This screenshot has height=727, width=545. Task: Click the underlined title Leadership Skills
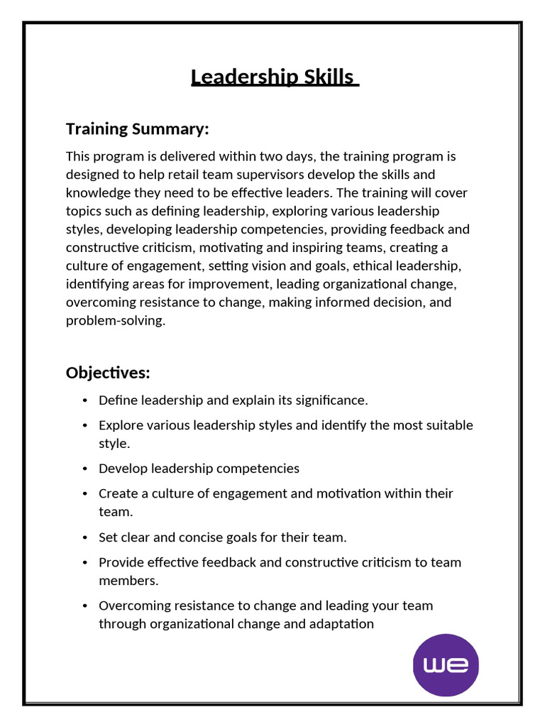pos(274,77)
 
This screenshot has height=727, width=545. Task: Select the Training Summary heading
pos(137,129)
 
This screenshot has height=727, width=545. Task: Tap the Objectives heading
pos(108,373)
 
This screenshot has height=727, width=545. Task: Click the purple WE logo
pos(446,666)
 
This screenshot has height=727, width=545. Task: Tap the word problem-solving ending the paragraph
pos(115,321)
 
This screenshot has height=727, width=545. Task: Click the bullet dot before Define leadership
pos(84,401)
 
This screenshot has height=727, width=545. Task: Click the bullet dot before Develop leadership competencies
pos(84,469)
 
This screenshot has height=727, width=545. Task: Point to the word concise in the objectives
pos(202,537)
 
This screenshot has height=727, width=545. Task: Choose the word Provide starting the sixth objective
pos(121,562)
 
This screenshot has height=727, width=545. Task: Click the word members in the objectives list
pos(128,581)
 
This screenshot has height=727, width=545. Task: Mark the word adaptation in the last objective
pos(339,624)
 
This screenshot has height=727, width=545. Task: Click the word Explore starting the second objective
pos(121,425)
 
